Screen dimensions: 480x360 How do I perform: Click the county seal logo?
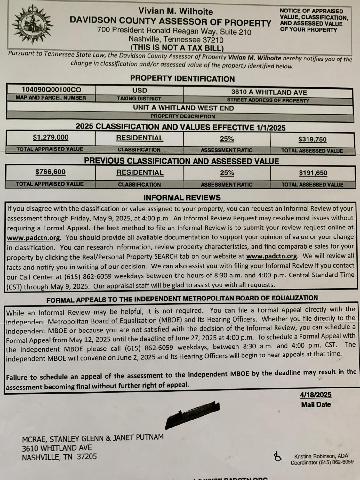tap(32, 24)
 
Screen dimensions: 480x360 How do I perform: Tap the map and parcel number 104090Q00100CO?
tap(51, 90)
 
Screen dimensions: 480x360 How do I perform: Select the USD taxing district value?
tap(140, 91)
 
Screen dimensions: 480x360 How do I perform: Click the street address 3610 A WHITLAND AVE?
tap(269, 92)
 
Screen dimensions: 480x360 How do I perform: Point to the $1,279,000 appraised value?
tap(51, 138)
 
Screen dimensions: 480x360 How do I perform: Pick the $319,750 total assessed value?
tap(312, 140)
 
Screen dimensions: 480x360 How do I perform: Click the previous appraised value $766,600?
tap(51, 172)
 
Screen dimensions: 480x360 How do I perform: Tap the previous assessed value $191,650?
tap(313, 173)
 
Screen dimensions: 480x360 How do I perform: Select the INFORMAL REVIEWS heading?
tap(182, 197)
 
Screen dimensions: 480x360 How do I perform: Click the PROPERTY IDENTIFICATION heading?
tap(182, 79)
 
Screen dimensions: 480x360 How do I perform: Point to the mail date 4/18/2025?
tap(316, 395)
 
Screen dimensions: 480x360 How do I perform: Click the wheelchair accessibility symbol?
tap(277, 457)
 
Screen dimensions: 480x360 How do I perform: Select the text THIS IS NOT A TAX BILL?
tap(177, 48)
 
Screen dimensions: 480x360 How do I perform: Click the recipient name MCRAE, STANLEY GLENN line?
tap(92, 438)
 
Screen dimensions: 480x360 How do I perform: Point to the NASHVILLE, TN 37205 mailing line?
tap(59, 457)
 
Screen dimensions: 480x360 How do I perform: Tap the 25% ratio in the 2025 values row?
tap(227, 139)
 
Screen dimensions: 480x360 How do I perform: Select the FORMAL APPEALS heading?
tap(182, 299)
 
